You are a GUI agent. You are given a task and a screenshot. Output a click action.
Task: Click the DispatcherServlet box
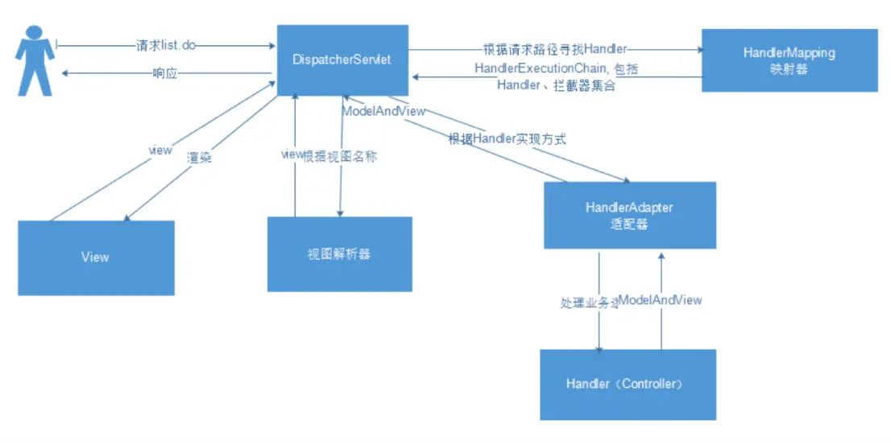click(342, 60)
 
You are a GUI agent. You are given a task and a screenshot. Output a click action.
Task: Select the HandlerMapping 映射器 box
click(789, 60)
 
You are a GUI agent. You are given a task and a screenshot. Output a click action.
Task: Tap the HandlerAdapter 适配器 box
click(629, 215)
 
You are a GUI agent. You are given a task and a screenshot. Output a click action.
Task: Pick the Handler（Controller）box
click(628, 384)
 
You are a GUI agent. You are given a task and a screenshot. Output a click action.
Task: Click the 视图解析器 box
click(339, 254)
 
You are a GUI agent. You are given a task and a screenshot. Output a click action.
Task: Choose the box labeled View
click(96, 258)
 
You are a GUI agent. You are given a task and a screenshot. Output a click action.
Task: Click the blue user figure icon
click(34, 60)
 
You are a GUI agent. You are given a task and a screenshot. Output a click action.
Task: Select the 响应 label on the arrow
click(165, 73)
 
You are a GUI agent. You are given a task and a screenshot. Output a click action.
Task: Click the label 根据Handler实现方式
click(507, 139)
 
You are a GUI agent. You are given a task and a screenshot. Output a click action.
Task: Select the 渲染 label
click(199, 159)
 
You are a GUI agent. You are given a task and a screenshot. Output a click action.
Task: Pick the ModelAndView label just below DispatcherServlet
click(383, 112)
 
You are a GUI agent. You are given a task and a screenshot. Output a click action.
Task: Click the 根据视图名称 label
click(339, 156)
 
